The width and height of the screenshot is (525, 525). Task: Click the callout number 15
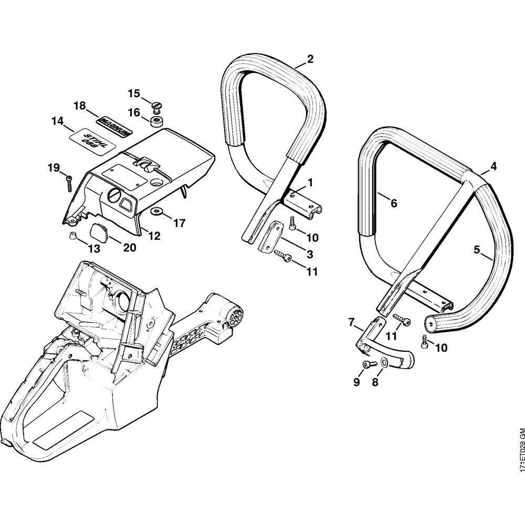coord(134,93)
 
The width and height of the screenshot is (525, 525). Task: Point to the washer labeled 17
coord(156,212)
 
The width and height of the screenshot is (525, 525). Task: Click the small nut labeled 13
coord(72,236)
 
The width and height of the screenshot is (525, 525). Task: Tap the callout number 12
coord(153,236)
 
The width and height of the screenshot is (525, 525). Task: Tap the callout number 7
coord(351,322)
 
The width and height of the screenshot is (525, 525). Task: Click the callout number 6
coord(394,203)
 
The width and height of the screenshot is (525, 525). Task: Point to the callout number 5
coord(477,250)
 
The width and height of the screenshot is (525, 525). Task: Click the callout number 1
coord(310,182)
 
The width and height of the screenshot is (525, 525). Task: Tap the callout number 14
coord(57,121)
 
